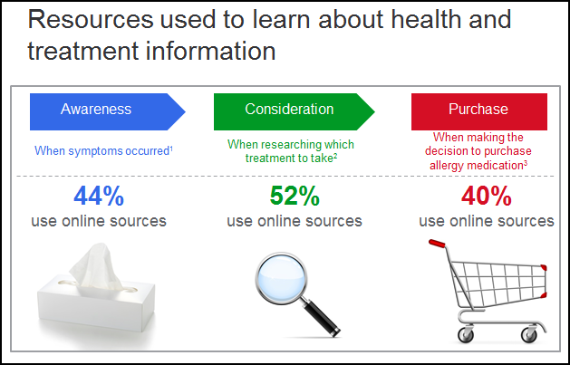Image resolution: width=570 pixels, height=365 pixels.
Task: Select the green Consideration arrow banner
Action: (x=294, y=111)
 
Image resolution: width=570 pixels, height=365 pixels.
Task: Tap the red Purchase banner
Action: (x=479, y=111)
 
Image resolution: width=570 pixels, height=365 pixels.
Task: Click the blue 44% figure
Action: (x=99, y=197)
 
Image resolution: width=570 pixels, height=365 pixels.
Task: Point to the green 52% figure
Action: (x=295, y=197)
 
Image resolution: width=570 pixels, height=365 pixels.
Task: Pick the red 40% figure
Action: (x=487, y=197)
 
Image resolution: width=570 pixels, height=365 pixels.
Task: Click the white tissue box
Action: (x=96, y=305)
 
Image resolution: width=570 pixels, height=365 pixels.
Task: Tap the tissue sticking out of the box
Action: (x=96, y=266)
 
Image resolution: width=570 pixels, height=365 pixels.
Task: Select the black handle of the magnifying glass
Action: (x=322, y=317)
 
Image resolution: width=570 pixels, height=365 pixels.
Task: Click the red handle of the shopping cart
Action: (x=437, y=244)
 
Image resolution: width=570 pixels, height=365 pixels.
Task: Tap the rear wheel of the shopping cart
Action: (x=466, y=334)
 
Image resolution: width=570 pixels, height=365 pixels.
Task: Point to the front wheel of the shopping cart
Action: (x=529, y=334)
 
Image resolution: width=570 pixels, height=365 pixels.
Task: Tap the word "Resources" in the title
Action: (x=91, y=19)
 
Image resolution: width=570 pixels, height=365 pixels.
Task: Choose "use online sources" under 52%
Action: (x=295, y=221)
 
